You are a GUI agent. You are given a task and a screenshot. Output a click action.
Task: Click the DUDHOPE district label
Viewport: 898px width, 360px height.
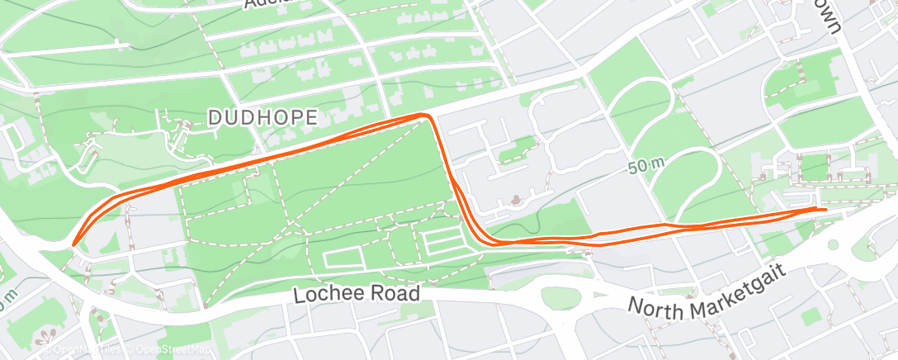coord(262,118)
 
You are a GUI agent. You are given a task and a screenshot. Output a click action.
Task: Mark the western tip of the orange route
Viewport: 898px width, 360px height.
coord(73,244)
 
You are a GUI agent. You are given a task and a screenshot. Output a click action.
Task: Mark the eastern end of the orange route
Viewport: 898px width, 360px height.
coord(825,209)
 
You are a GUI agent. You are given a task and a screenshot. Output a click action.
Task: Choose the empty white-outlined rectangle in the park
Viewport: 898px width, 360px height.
coord(344,258)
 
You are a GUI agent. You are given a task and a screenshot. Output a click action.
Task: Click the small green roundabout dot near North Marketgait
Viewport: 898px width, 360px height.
coord(833,245)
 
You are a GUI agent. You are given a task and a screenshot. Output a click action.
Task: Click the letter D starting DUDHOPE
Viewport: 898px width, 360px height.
coord(214,118)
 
